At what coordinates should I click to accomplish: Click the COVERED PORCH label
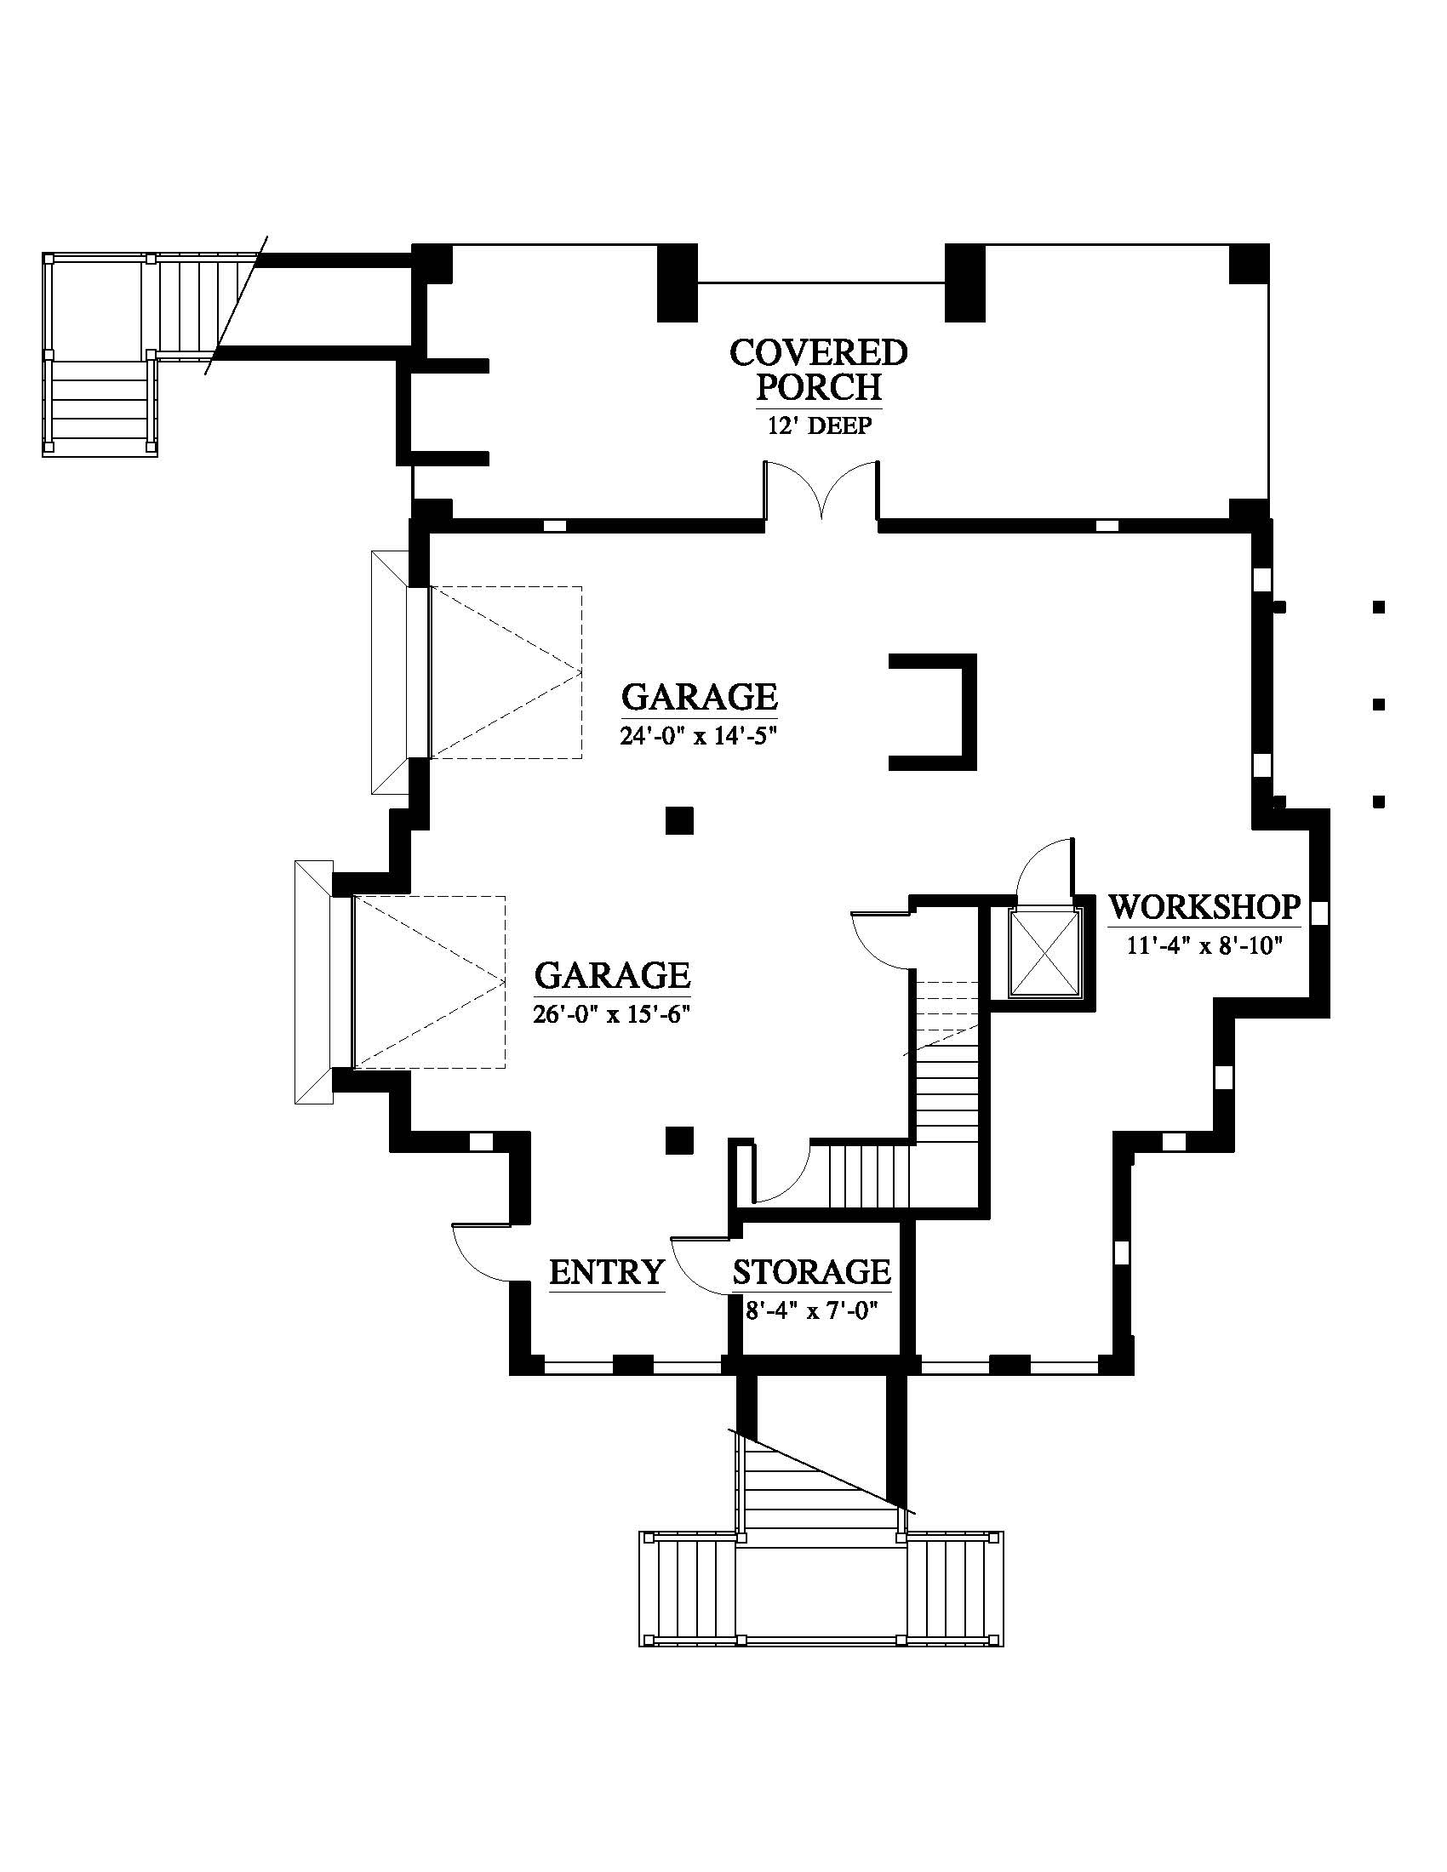point(819,370)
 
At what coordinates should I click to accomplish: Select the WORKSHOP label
point(1204,906)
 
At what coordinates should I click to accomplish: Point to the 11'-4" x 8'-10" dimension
point(1204,945)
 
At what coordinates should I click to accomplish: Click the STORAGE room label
point(812,1271)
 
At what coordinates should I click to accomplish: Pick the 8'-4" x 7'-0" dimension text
point(812,1310)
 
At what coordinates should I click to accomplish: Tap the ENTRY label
point(607,1271)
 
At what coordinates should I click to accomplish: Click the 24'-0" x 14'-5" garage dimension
point(699,735)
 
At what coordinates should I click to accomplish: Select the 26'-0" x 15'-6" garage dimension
point(612,1014)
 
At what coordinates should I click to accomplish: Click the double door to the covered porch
point(821,490)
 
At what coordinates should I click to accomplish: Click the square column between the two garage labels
point(680,820)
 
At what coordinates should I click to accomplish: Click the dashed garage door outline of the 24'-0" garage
point(505,672)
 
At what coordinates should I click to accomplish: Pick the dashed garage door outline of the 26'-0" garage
point(429,981)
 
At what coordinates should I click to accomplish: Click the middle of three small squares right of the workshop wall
point(1379,705)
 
